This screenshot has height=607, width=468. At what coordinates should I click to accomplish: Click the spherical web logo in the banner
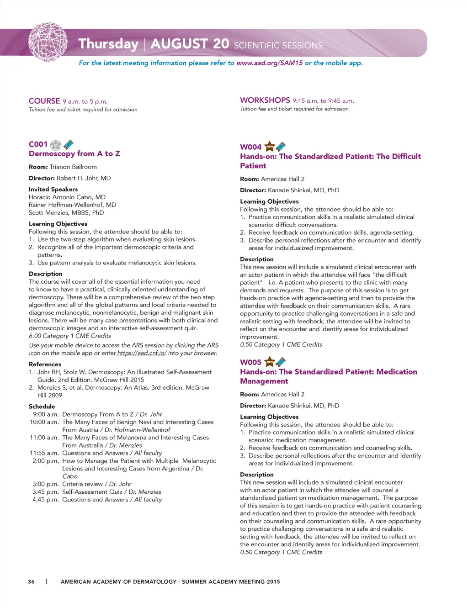[48, 42]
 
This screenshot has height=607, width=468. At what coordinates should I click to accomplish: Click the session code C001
[38, 144]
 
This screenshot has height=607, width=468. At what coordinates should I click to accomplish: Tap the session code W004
[250, 147]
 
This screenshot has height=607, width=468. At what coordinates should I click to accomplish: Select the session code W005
[250, 362]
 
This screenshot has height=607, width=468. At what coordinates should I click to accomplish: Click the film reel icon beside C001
[56, 145]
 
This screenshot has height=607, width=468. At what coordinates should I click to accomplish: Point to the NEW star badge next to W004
[270, 147]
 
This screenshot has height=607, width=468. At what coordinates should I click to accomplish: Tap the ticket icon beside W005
[281, 362]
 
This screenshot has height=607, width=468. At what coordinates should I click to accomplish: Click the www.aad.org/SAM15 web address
[269, 63]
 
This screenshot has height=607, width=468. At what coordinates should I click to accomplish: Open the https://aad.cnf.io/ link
[142, 353]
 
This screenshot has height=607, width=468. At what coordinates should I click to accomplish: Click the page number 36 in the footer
[31, 581]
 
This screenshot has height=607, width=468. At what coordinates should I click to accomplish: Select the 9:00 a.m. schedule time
[46, 414]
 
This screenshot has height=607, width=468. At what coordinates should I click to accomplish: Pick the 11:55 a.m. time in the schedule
[44, 453]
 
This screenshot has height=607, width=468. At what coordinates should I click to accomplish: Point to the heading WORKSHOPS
[265, 100]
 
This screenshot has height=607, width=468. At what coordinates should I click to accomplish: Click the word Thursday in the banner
[108, 44]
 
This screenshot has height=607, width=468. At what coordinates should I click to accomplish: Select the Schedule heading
[42, 406]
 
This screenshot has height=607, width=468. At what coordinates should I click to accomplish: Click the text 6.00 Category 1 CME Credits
[70, 336]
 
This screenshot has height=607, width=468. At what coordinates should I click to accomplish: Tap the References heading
[45, 364]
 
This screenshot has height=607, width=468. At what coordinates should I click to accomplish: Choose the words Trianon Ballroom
[73, 167]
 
